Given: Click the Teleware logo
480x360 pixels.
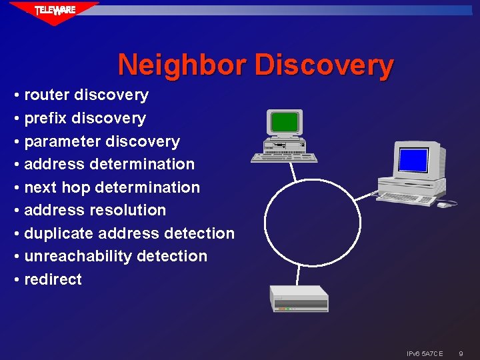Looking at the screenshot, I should pos(55,11).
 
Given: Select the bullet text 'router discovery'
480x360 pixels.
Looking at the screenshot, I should pos(86,95).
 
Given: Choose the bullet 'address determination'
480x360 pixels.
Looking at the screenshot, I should pos(109,164).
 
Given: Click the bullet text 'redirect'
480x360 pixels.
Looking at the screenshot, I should pos(53,279).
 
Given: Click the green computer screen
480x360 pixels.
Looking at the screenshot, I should pos(285,123).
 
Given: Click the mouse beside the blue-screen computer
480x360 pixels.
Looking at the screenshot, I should pos(443,205).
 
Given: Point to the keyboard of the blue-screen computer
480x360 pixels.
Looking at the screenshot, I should pos(407,199).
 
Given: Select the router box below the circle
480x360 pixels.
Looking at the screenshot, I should pos(299,298).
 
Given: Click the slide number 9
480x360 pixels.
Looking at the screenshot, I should pos(461,353).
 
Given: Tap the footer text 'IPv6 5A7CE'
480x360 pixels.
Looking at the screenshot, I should pos(425,353).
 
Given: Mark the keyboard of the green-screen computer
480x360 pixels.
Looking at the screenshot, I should pos(284,157).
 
